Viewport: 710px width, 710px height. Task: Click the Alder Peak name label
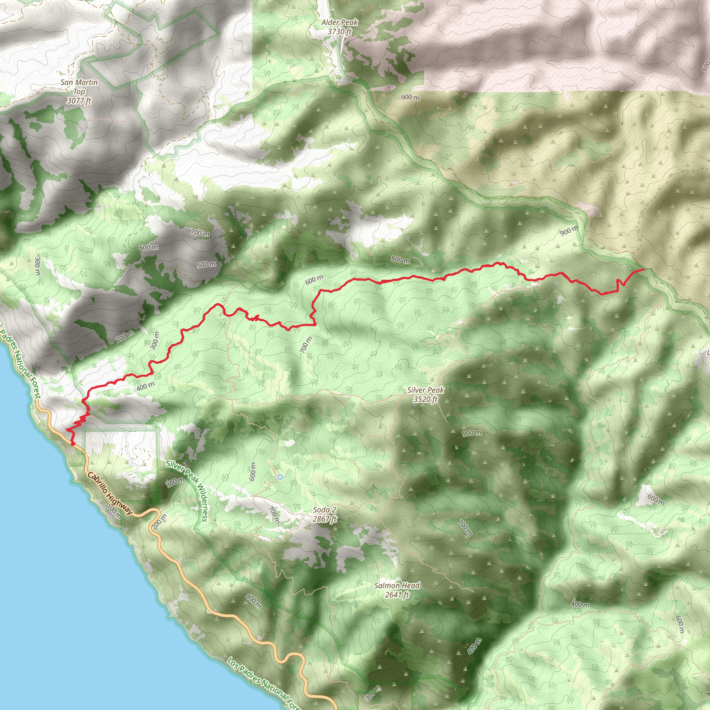tap(339, 23)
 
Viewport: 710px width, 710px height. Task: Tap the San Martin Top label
tap(79, 87)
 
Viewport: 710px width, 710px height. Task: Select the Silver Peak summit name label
tap(425, 390)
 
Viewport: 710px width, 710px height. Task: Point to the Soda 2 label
tap(324, 510)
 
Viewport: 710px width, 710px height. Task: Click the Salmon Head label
tap(397, 586)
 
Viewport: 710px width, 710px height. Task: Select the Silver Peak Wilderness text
tap(187, 491)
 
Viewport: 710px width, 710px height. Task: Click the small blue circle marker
tap(280, 477)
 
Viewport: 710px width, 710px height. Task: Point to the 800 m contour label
tap(400, 260)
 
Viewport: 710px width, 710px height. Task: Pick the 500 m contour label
tap(206, 265)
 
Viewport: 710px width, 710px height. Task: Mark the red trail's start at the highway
tap(73, 444)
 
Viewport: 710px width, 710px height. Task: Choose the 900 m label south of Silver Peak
tap(471, 433)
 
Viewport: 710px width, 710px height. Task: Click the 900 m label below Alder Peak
tap(410, 97)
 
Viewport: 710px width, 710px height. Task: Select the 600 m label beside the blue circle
tap(252, 472)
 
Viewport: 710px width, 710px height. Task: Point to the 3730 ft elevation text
tap(339, 32)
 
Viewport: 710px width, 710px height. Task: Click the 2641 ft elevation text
tap(397, 595)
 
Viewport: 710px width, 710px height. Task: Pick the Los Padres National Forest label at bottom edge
tap(263, 683)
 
